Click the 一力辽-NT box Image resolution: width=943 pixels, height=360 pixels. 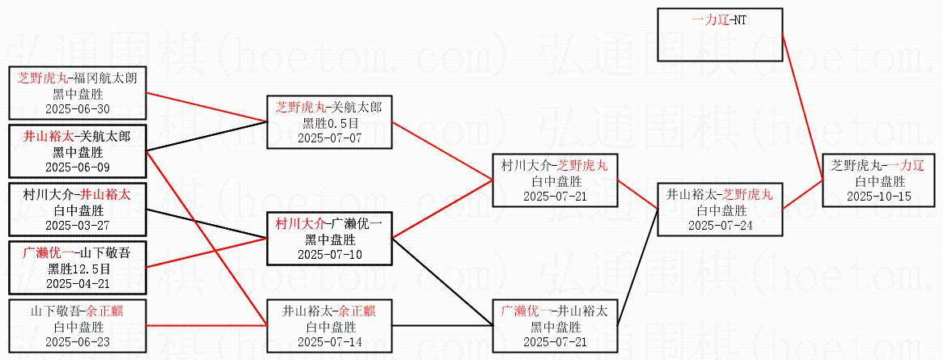click(x=720, y=34)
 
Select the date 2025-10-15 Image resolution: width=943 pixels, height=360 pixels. click(x=878, y=197)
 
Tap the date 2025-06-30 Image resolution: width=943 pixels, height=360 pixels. click(x=78, y=109)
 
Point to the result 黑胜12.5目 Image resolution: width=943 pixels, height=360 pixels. click(x=78, y=269)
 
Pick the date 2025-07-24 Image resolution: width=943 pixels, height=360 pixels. click(x=721, y=225)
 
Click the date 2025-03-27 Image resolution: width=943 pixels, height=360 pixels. click(x=78, y=225)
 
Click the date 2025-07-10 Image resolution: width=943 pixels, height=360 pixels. click(x=328, y=254)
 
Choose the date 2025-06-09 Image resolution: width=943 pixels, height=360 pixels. click(x=78, y=167)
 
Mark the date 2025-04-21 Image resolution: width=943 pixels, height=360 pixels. click(x=78, y=283)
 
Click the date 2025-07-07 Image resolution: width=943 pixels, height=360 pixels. click(x=328, y=138)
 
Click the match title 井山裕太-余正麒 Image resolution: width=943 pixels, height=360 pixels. click(x=328, y=311)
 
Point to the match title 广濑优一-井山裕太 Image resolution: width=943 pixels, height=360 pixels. click(x=554, y=311)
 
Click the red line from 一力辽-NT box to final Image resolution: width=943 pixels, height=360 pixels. click(x=802, y=107)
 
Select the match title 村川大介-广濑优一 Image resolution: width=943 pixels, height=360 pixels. click(x=328, y=225)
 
